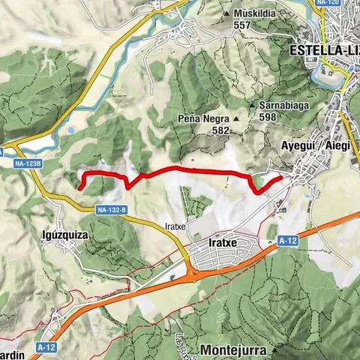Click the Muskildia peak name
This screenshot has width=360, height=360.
(x=255, y=13)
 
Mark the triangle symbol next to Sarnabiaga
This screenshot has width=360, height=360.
(x=255, y=106)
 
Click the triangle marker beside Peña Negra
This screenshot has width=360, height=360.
(x=235, y=119)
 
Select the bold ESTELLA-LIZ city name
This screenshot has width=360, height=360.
(x=323, y=51)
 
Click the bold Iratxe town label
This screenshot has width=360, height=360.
(x=221, y=244)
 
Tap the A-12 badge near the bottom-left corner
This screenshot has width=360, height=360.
(x=46, y=347)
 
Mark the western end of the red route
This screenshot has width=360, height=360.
(x=79, y=184)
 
